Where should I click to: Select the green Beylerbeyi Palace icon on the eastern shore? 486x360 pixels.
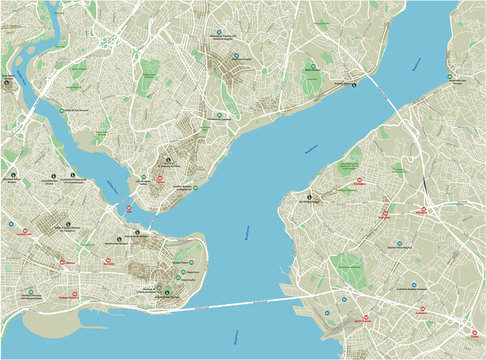(x=451, y=78)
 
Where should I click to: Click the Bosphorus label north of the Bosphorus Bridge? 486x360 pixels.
(x=418, y=64)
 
